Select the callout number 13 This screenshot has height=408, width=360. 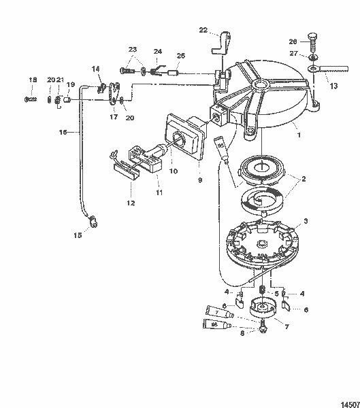pos(333,86)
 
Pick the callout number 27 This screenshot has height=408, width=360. pos(293,54)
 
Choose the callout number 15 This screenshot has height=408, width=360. pos(78,235)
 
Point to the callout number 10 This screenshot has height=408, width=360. pos(174,171)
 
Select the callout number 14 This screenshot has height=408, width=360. pos(95,69)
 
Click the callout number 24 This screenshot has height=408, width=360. pos(157,52)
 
